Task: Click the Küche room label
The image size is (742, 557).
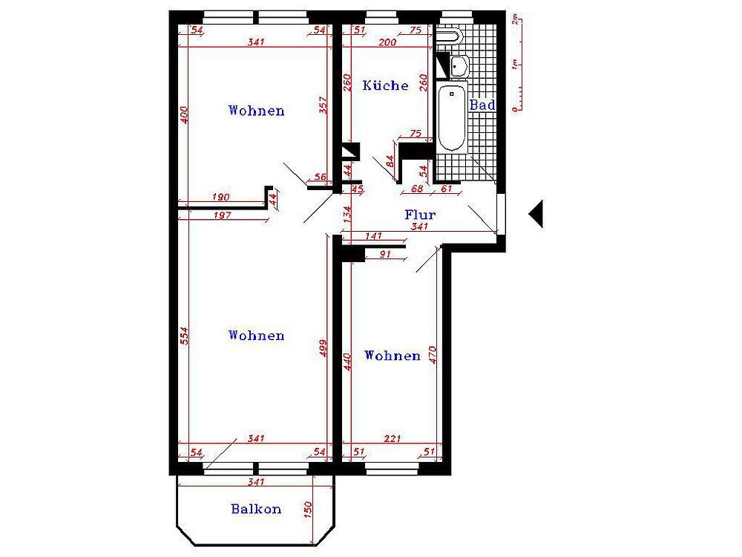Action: coord(385,85)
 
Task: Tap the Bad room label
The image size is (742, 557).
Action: coord(482,105)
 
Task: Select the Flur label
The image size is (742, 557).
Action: coord(420,215)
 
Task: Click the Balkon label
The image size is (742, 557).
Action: coord(256,509)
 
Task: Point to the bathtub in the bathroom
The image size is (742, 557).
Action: coord(452,117)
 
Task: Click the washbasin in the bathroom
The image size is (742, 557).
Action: coord(459,66)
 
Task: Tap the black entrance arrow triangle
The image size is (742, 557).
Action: coord(536,214)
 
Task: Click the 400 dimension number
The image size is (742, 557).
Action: coord(184,114)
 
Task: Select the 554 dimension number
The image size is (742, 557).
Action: coord(184,336)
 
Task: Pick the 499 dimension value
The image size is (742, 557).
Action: coord(324,348)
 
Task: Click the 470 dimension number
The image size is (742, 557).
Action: coord(433,355)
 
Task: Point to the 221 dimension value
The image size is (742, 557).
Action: coord(393,439)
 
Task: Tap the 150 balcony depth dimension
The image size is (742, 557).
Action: coord(308,509)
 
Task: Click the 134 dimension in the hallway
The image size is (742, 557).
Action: coord(347,214)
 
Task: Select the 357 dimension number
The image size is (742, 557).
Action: coord(324,105)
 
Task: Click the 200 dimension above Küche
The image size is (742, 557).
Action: coord(387,42)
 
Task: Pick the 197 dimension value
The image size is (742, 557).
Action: coord(223,215)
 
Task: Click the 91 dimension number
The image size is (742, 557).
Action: coord(386,254)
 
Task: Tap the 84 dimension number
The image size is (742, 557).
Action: coord(390,161)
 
